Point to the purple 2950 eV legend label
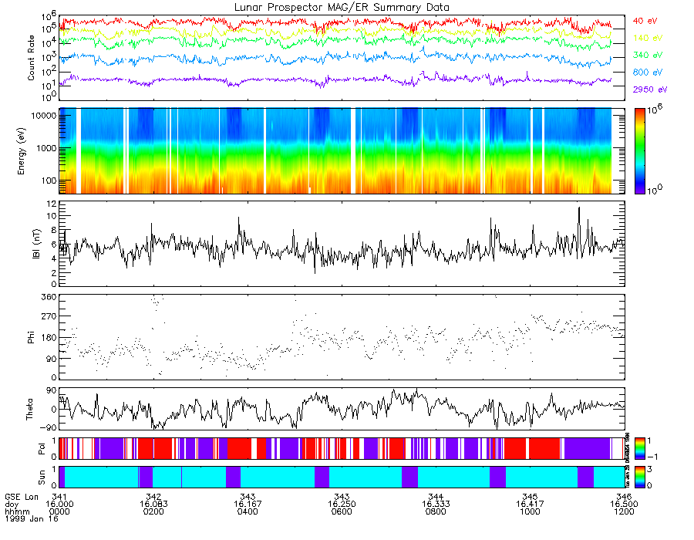[x=647, y=89]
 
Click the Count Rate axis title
[x=32, y=59]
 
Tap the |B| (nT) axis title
[x=32, y=244]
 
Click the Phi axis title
[x=32, y=337]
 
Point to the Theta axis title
[x=32, y=413]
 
